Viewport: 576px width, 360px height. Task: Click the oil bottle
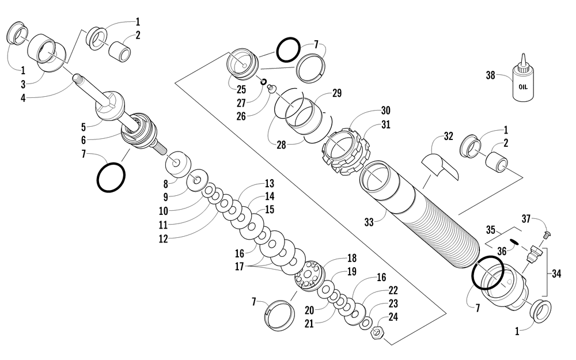pos(523,85)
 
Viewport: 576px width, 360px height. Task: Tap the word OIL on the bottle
pos(523,88)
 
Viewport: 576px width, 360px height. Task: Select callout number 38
pos(490,75)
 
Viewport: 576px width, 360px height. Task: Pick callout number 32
pos(449,137)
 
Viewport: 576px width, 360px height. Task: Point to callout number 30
pos(385,110)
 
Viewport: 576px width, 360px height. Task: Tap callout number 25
pos(240,90)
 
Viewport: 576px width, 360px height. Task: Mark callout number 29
pos(337,93)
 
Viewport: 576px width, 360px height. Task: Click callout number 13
pos(269,184)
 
